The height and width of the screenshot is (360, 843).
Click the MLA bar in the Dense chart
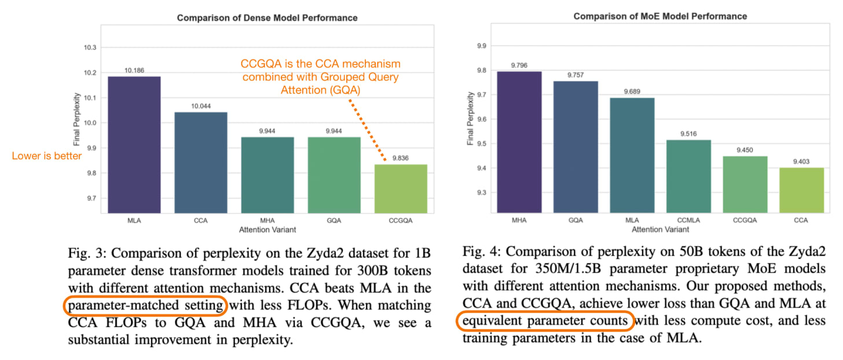point(134,145)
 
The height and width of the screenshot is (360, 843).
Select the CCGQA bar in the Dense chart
point(401,189)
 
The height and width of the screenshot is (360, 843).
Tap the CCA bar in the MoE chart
point(801,190)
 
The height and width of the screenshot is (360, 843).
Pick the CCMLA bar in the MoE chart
point(689,177)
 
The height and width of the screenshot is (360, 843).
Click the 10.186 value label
point(134,71)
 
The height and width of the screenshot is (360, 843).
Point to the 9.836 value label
point(401,158)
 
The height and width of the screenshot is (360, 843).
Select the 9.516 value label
point(689,134)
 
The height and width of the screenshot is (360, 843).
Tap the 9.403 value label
point(801,161)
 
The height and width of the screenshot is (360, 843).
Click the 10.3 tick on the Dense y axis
point(90,47)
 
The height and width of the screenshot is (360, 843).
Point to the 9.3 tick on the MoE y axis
point(482,193)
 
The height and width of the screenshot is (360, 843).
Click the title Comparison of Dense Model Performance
point(267,18)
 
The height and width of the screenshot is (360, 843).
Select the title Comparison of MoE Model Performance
point(660,17)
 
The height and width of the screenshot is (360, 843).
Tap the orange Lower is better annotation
point(47,156)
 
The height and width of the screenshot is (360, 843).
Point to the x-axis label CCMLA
point(689,220)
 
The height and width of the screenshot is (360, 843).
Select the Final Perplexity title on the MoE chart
point(470,119)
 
